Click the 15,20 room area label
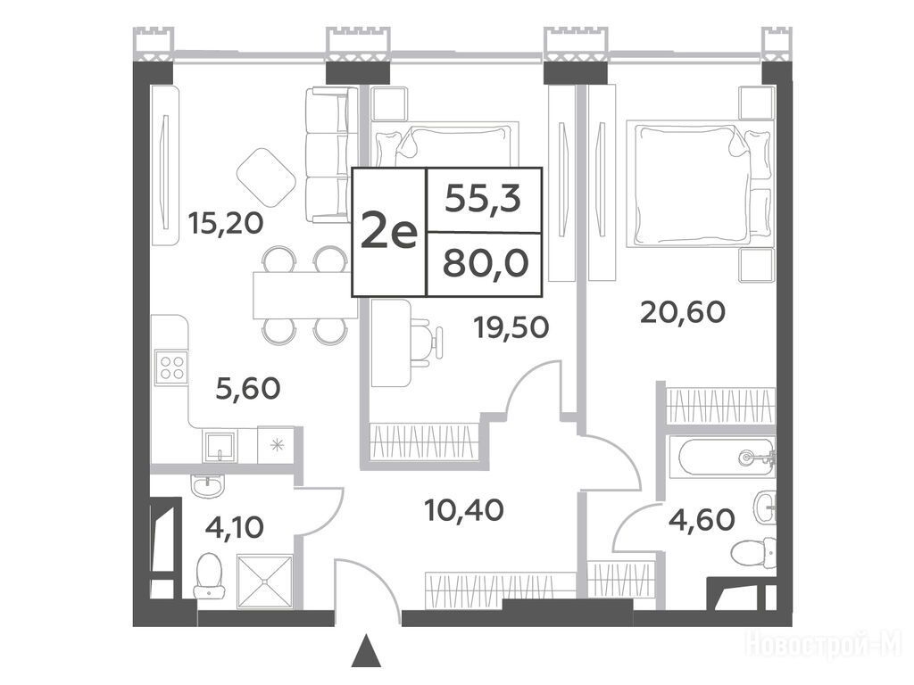tap(226, 223)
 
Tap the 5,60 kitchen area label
tap(248, 389)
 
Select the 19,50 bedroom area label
tap(511, 328)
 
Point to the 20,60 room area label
tap(683, 312)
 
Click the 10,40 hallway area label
tap(464, 510)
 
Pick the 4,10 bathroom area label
tap(235, 527)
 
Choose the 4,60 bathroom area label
tap(702, 519)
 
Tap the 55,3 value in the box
tap(483, 200)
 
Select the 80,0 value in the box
tap(486, 264)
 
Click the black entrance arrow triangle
tap(366, 650)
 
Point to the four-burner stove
tap(171, 367)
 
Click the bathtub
tap(721, 458)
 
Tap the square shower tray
tap(264, 581)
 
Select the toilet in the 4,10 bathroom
tap(209, 575)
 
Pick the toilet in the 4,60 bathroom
tap(753, 553)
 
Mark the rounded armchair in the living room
tap(266, 174)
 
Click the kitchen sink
tap(220, 447)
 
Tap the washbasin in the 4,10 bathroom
tap(207, 485)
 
